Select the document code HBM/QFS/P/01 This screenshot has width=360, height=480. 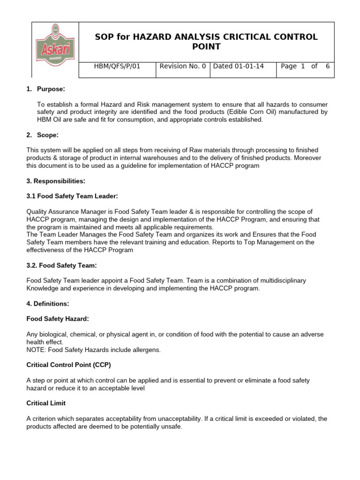pyautogui.click(x=117, y=66)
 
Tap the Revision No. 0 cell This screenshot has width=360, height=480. pyautogui.click(x=182, y=66)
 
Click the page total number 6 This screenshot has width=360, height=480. pyautogui.click(x=328, y=66)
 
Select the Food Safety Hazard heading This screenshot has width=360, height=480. pyautogui.click(x=57, y=319)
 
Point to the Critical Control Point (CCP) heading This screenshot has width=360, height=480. pyautogui.click(x=68, y=365)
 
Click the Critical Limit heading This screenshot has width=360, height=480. pyautogui.click(x=46, y=403)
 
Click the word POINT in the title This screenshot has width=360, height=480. pyautogui.click(x=206, y=46)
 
